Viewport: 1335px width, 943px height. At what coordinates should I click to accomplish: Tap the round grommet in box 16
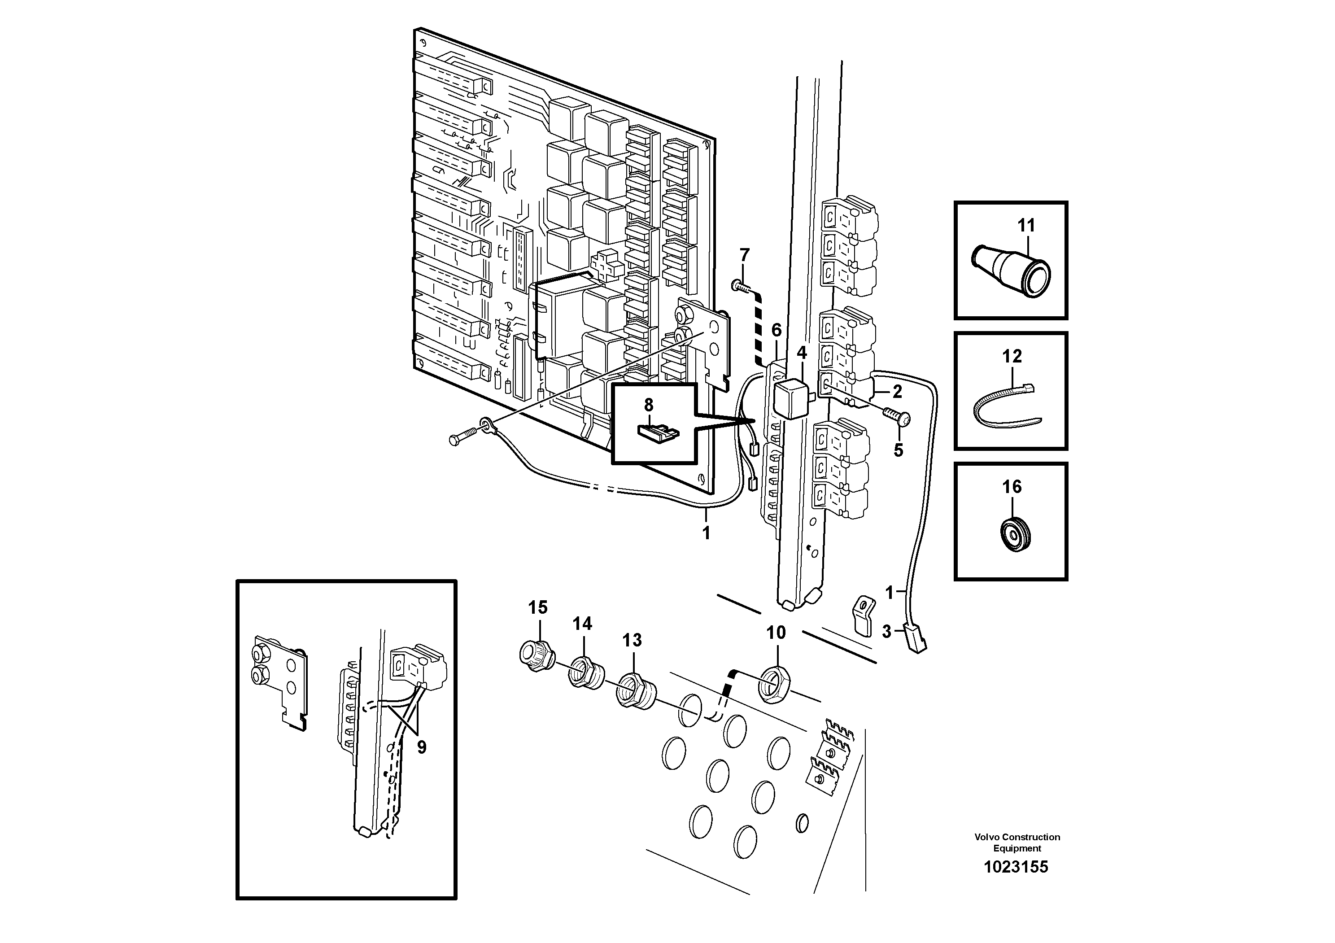click(1015, 533)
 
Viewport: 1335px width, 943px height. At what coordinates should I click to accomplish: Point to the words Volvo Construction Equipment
click(1017, 843)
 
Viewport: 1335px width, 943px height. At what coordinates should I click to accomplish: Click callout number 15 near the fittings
click(538, 607)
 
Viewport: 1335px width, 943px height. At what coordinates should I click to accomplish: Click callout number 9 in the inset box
click(422, 747)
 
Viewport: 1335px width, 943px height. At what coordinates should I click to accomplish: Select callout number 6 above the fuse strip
click(776, 330)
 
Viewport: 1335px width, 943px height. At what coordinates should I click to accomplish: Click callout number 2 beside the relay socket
click(897, 392)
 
